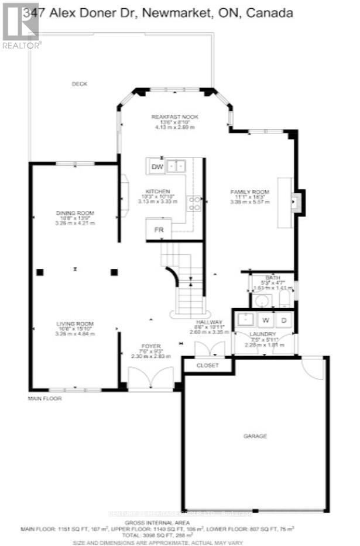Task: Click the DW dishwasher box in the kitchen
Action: pos(157,167)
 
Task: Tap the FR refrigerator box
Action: pos(158,230)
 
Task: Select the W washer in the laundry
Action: pos(265,320)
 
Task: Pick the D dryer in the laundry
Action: pos(284,320)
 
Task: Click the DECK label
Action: pos(79,84)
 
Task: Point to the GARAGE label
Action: pos(255,436)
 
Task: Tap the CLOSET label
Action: pos(207,366)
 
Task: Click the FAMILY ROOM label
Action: pos(249,192)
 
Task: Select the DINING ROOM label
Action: pos(75,213)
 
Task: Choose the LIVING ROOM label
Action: pos(75,324)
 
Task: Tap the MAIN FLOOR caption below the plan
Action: pos(44,398)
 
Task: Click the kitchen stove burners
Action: pos(194,203)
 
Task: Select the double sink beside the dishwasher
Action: pos(176,167)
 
